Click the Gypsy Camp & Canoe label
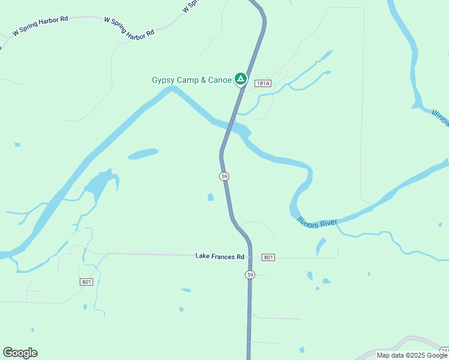pyautogui.click(x=191, y=80)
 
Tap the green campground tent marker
pyautogui.click(x=240, y=79)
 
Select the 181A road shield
pyautogui.click(x=263, y=83)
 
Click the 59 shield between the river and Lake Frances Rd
pyautogui.click(x=224, y=176)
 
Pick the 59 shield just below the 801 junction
pyautogui.click(x=250, y=274)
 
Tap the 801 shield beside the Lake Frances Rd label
pyautogui.click(x=268, y=257)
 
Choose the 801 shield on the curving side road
pyautogui.click(x=86, y=281)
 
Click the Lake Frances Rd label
pyautogui.click(x=220, y=256)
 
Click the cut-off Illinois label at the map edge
pyautogui.click(x=439, y=118)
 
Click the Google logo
pyautogui.click(x=20, y=353)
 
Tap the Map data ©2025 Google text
pyautogui.click(x=412, y=355)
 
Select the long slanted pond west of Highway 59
pyautogui.click(x=143, y=154)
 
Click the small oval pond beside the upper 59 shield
pyautogui.click(x=210, y=197)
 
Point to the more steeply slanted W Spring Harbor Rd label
pyautogui.click(x=128, y=28)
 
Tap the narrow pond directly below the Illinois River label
pyautogui.click(x=321, y=247)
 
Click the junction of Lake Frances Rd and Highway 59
pyautogui.click(x=250, y=257)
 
